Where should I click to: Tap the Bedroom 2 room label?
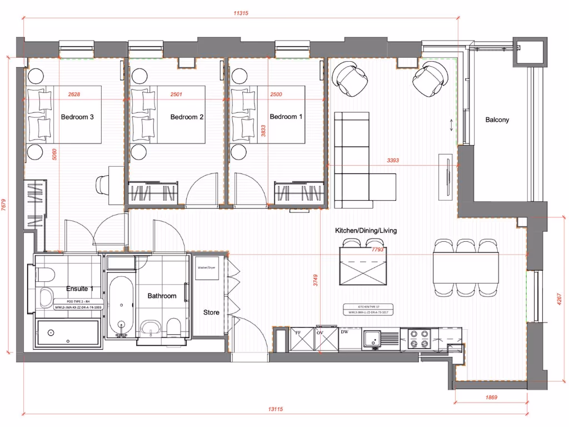[x=187, y=117]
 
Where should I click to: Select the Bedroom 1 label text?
[x=286, y=117]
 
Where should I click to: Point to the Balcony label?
[x=497, y=120]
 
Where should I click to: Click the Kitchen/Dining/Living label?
[x=366, y=231]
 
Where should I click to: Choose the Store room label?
[x=211, y=312]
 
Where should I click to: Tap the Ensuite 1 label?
[x=79, y=289]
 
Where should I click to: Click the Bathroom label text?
[x=162, y=296]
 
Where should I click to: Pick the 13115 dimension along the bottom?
[x=276, y=409]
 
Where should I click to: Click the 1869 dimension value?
[x=490, y=398]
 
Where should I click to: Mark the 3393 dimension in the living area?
[x=393, y=161]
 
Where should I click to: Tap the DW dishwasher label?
[x=345, y=332]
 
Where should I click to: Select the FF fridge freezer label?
[x=298, y=332]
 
